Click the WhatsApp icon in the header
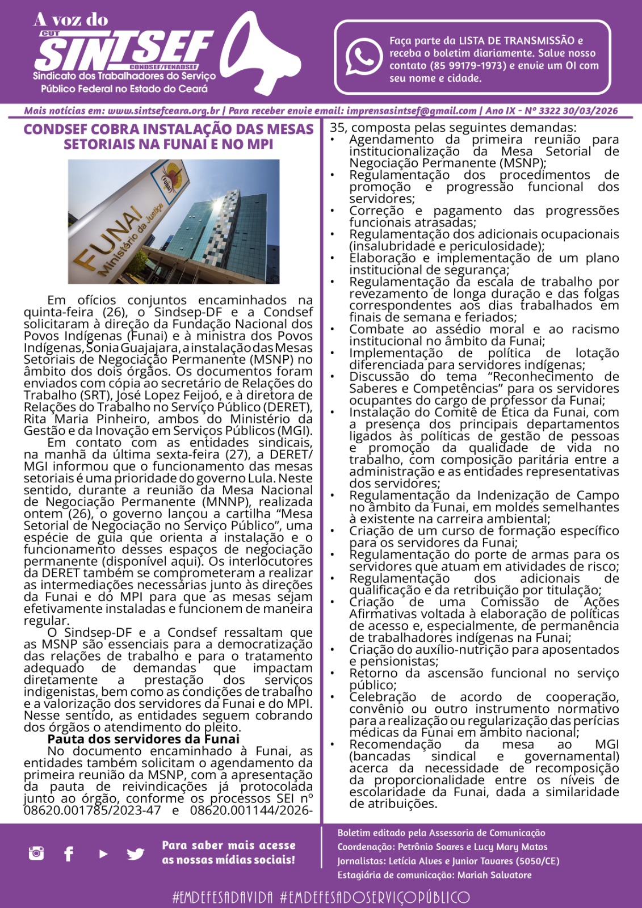[364, 57]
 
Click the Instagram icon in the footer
[36, 852]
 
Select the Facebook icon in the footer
[69, 853]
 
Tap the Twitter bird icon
[135, 853]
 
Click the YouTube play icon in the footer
[103, 853]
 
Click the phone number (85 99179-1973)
[468, 66]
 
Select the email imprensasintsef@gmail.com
[412, 111]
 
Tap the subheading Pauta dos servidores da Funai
[143, 739]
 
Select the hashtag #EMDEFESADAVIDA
[222, 897]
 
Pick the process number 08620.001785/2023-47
[93, 810]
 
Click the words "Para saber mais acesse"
[228, 845]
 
